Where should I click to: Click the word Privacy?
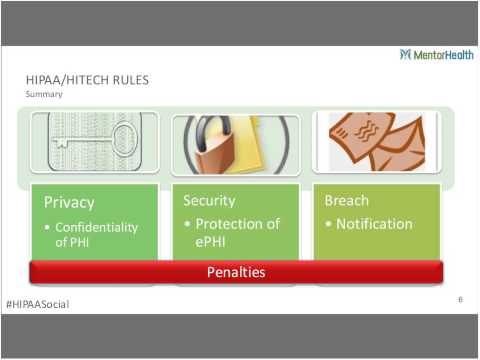(69, 202)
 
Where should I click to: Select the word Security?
(209, 201)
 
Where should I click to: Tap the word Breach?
(346, 201)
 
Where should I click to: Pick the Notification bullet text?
(374, 224)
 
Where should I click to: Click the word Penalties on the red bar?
(236, 271)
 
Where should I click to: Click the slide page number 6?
(459, 299)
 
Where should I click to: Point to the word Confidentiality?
(103, 226)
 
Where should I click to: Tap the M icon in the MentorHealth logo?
(405, 55)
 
